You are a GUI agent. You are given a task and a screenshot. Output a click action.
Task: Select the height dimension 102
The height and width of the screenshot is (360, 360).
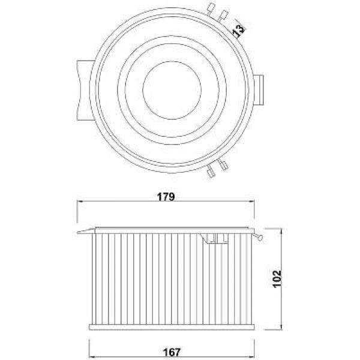point(277,278)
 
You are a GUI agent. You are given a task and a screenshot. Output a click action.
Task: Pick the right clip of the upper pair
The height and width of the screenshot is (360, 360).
point(224,14)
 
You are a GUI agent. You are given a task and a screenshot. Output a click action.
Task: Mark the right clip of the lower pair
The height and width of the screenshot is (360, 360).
point(223,166)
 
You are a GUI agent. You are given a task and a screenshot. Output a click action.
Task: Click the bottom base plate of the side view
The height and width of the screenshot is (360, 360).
point(173,328)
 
